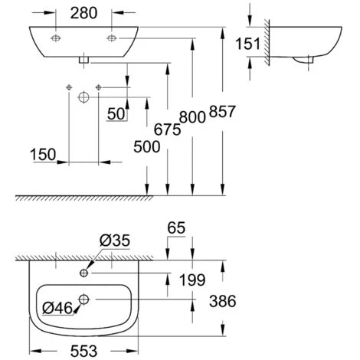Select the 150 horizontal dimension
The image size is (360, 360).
pos(44,153)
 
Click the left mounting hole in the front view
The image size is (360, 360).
pos(57,38)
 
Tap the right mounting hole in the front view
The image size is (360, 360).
pos(112,38)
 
